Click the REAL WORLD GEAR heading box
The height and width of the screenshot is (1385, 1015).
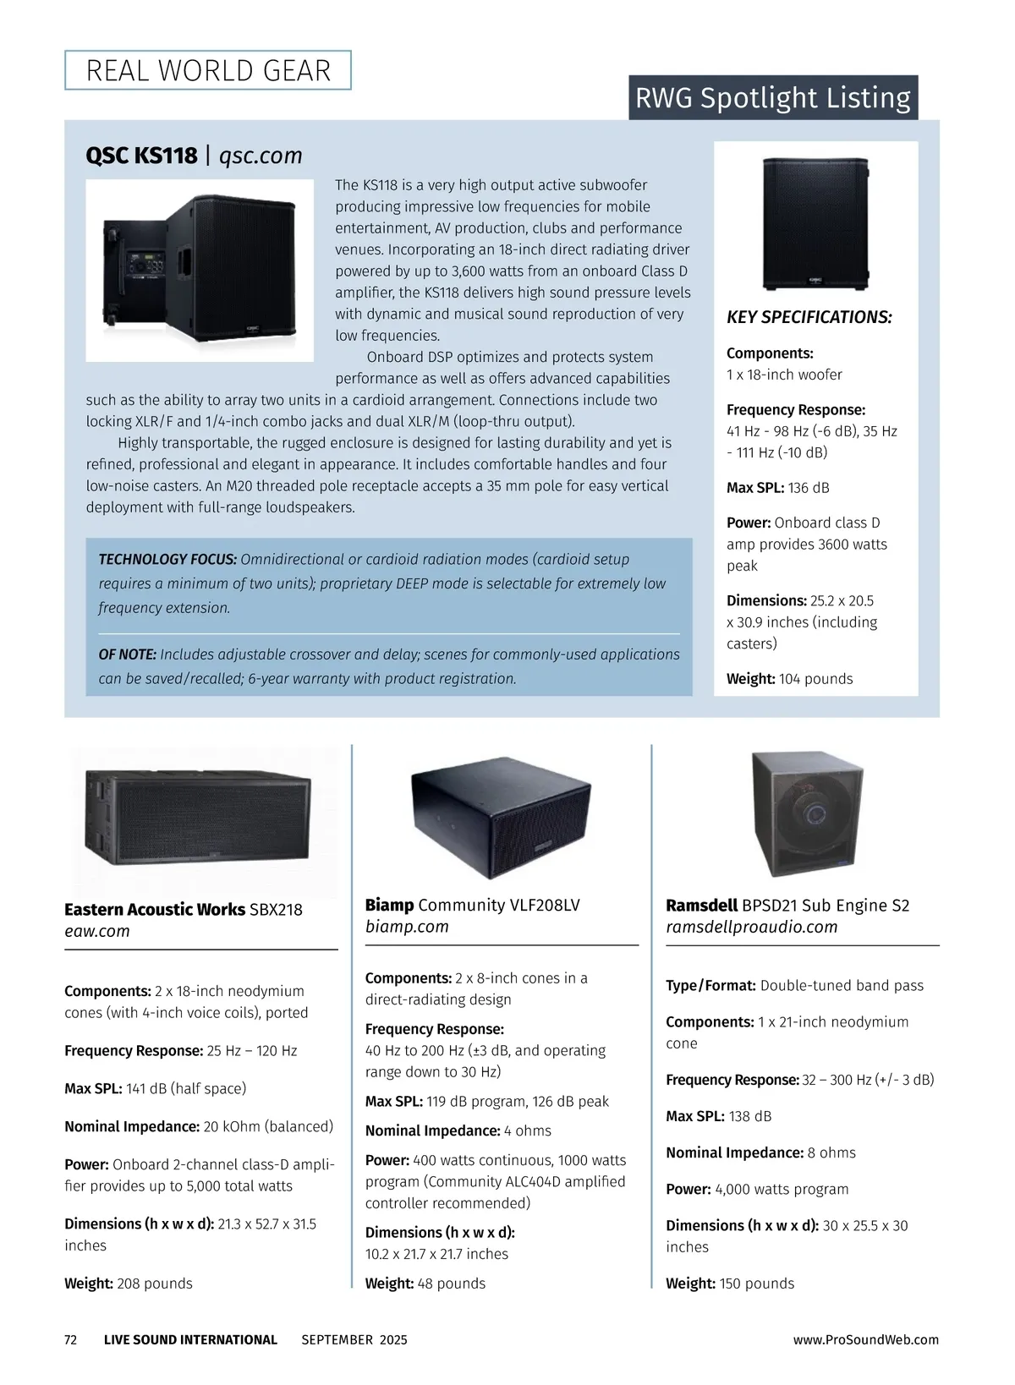coord(208,70)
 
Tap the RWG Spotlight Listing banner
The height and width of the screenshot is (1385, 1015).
coord(772,98)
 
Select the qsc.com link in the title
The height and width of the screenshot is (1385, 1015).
coord(261,156)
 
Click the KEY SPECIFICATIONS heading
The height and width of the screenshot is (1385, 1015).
coord(809,317)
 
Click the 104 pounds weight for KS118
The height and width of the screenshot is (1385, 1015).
coord(815,679)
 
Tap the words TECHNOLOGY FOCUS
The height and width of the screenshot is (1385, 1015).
coord(167,560)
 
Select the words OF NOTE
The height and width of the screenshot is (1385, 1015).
coord(127,654)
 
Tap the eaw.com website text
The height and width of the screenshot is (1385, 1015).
coord(97,931)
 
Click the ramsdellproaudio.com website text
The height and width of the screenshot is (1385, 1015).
coord(751,927)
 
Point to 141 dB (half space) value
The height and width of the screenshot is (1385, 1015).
coord(186,1089)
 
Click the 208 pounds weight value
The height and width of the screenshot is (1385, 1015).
coord(155,1284)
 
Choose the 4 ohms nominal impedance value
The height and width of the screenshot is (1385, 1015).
coord(528,1131)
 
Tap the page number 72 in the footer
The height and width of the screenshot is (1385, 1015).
coord(71,1340)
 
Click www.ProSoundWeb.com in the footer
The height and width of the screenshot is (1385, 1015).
coord(865,1340)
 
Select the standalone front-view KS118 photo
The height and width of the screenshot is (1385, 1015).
coord(815,224)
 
